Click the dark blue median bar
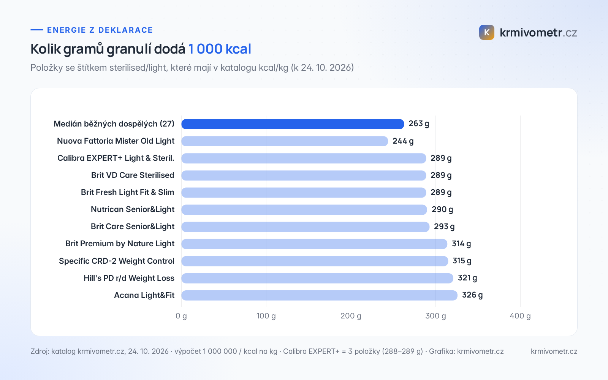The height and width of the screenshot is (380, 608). tap(293, 124)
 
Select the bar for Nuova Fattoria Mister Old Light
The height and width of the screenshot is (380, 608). tap(285, 141)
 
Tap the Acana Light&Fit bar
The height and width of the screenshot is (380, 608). tap(320, 295)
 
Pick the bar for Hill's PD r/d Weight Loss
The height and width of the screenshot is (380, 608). tap(317, 278)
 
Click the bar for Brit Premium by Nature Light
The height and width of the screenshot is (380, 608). tap(314, 244)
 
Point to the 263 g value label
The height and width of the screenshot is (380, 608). tap(419, 124)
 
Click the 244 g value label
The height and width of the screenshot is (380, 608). tap(403, 141)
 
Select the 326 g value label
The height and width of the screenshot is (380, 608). tap(472, 295)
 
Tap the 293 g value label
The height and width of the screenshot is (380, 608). tap(444, 226)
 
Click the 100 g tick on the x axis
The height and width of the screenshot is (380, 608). tap(266, 316)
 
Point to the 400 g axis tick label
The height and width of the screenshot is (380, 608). tap(520, 316)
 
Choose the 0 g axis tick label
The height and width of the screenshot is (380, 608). tap(181, 316)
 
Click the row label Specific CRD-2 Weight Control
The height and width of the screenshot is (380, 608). tap(117, 261)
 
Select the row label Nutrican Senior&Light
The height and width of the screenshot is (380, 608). tap(133, 209)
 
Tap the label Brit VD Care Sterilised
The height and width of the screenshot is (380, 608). tap(133, 175)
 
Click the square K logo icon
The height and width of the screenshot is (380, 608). tap(487, 32)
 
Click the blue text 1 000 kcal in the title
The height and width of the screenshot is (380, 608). tap(220, 49)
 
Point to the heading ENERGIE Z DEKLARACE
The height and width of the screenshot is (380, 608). tap(100, 30)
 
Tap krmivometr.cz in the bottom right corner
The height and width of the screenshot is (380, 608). tap(554, 351)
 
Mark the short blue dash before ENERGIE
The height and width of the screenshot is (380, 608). tap(36, 30)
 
